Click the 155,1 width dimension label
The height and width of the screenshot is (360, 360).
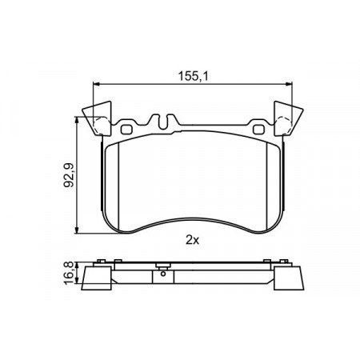tap(193, 76)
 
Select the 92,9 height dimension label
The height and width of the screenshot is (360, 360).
tap(69, 175)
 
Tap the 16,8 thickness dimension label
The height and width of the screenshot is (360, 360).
tap(69, 273)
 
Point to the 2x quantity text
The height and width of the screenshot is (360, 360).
tap(192, 241)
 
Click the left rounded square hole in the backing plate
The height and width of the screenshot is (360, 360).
tap(126, 130)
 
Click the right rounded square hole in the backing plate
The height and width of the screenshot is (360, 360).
tap(258, 130)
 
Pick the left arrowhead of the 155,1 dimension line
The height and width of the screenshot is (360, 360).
tap(96, 84)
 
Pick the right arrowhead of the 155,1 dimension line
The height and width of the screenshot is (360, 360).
tap(289, 84)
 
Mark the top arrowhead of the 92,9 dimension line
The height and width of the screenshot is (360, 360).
tap(77, 120)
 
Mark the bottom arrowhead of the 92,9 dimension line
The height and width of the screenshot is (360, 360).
tap(77, 230)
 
